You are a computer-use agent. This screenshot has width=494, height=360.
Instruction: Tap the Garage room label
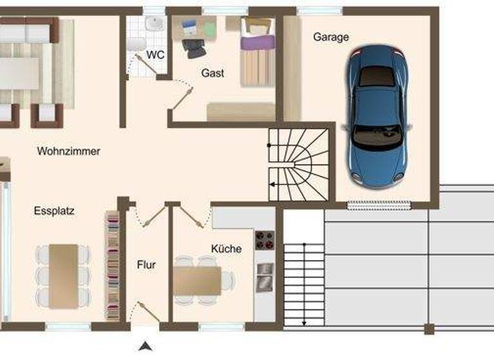click(331, 37)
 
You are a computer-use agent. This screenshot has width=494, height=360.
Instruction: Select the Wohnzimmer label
click(69, 152)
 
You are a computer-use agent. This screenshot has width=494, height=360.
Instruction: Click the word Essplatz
click(54, 210)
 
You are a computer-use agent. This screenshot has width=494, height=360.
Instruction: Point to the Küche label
click(226, 249)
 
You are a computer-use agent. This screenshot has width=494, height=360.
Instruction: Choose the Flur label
click(146, 265)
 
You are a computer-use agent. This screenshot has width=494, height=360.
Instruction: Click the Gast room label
click(213, 73)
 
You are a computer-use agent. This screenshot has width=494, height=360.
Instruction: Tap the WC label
click(155, 55)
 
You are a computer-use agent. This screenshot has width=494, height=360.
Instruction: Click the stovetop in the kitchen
click(264, 240)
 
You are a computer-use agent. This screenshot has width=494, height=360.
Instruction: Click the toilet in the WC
click(135, 44)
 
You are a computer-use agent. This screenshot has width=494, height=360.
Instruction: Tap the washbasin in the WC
click(154, 24)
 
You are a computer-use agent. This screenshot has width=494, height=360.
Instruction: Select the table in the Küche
click(197, 280)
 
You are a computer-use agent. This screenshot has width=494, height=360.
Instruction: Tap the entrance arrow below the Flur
click(147, 346)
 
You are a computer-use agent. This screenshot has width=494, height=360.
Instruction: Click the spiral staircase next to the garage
click(298, 164)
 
